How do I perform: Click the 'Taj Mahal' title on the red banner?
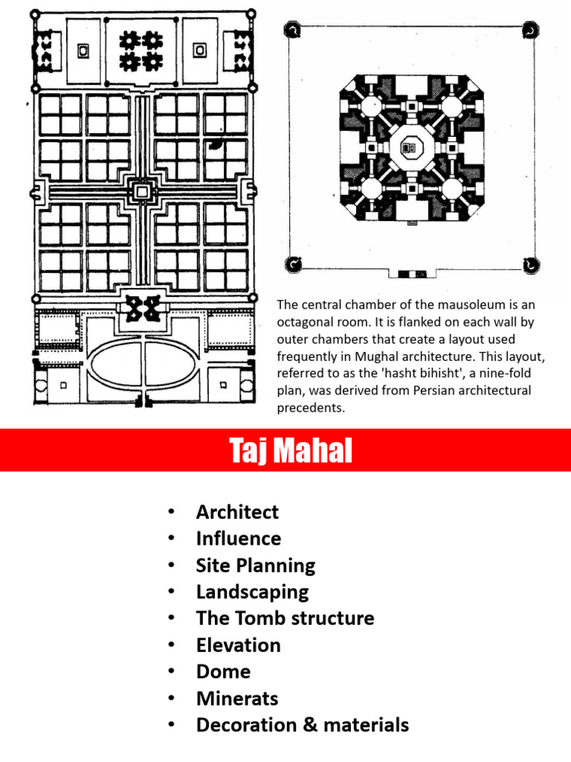pos(291,451)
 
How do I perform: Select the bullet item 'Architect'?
pos(237,512)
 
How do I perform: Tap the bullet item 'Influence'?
pos(238,539)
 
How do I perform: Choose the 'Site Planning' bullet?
pos(256,566)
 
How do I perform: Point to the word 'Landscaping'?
pos(252,592)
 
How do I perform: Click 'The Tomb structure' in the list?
pos(285,618)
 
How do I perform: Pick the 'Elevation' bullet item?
pos(238,645)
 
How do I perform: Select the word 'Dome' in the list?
pos(223,672)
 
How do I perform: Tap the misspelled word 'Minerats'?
pos(236,699)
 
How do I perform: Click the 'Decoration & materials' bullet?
pos(302,725)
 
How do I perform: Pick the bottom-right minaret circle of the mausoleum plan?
pos(529,263)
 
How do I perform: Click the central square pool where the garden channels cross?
pos(141,191)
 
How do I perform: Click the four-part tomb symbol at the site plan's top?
pos(141,49)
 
